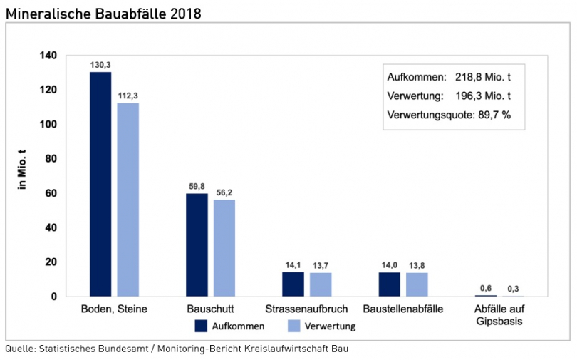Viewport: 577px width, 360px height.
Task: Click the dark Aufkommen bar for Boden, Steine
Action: coord(100,184)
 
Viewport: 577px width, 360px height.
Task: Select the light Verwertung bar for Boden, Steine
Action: coord(128,200)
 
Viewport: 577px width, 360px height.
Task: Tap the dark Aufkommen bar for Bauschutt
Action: coord(197,245)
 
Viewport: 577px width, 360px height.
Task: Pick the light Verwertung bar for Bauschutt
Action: coord(224,247)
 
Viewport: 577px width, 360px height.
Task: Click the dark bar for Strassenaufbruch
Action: coord(293,284)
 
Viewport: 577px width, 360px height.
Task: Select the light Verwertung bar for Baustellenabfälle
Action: coord(417,284)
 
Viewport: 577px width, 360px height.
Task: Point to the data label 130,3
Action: coord(100,65)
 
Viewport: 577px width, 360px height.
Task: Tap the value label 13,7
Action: coord(321,266)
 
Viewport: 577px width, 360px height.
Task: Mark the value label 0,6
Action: coord(485,288)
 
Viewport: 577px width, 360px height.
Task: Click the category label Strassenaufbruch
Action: coord(306,310)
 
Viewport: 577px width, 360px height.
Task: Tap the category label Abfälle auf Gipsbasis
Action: coord(499,315)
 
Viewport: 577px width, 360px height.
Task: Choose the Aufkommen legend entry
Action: coord(229,326)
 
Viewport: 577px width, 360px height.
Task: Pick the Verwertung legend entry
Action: coord(321,326)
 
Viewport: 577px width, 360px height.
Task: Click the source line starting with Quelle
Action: coord(177,349)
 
